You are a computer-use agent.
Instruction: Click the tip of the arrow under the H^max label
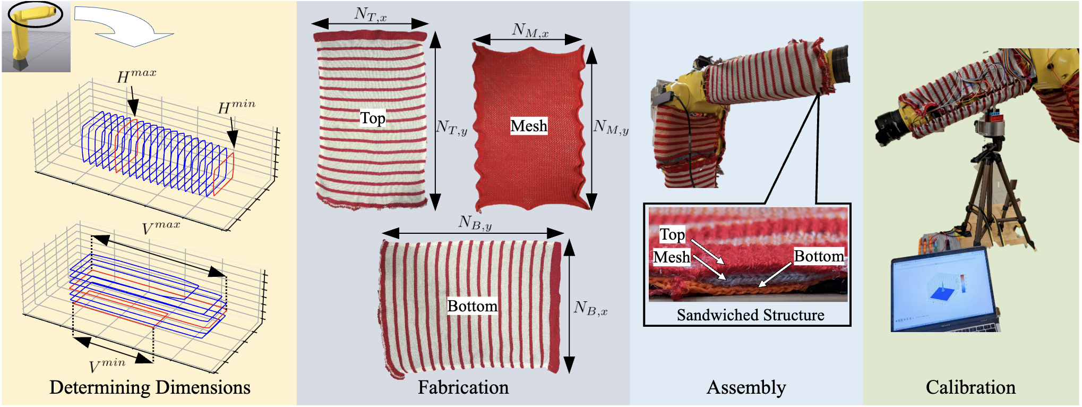click(134, 115)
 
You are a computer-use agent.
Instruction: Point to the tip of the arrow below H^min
click(234, 147)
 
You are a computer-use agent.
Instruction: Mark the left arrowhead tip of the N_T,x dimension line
click(312, 23)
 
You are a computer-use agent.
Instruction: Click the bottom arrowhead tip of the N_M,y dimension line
click(592, 210)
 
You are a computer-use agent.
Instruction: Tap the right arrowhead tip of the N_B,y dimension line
click(564, 233)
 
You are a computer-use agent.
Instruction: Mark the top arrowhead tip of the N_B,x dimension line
click(569, 240)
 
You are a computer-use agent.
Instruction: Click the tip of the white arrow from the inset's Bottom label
click(759, 287)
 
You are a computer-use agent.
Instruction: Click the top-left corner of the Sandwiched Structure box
click(644, 204)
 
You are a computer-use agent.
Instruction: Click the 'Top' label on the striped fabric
click(373, 118)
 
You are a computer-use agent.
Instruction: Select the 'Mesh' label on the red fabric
click(529, 126)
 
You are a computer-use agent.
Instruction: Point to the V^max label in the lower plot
click(161, 227)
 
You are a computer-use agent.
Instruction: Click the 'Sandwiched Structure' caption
click(750, 315)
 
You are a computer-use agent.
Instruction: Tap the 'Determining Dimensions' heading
click(150, 387)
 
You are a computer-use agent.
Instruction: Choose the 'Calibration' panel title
click(971, 387)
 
